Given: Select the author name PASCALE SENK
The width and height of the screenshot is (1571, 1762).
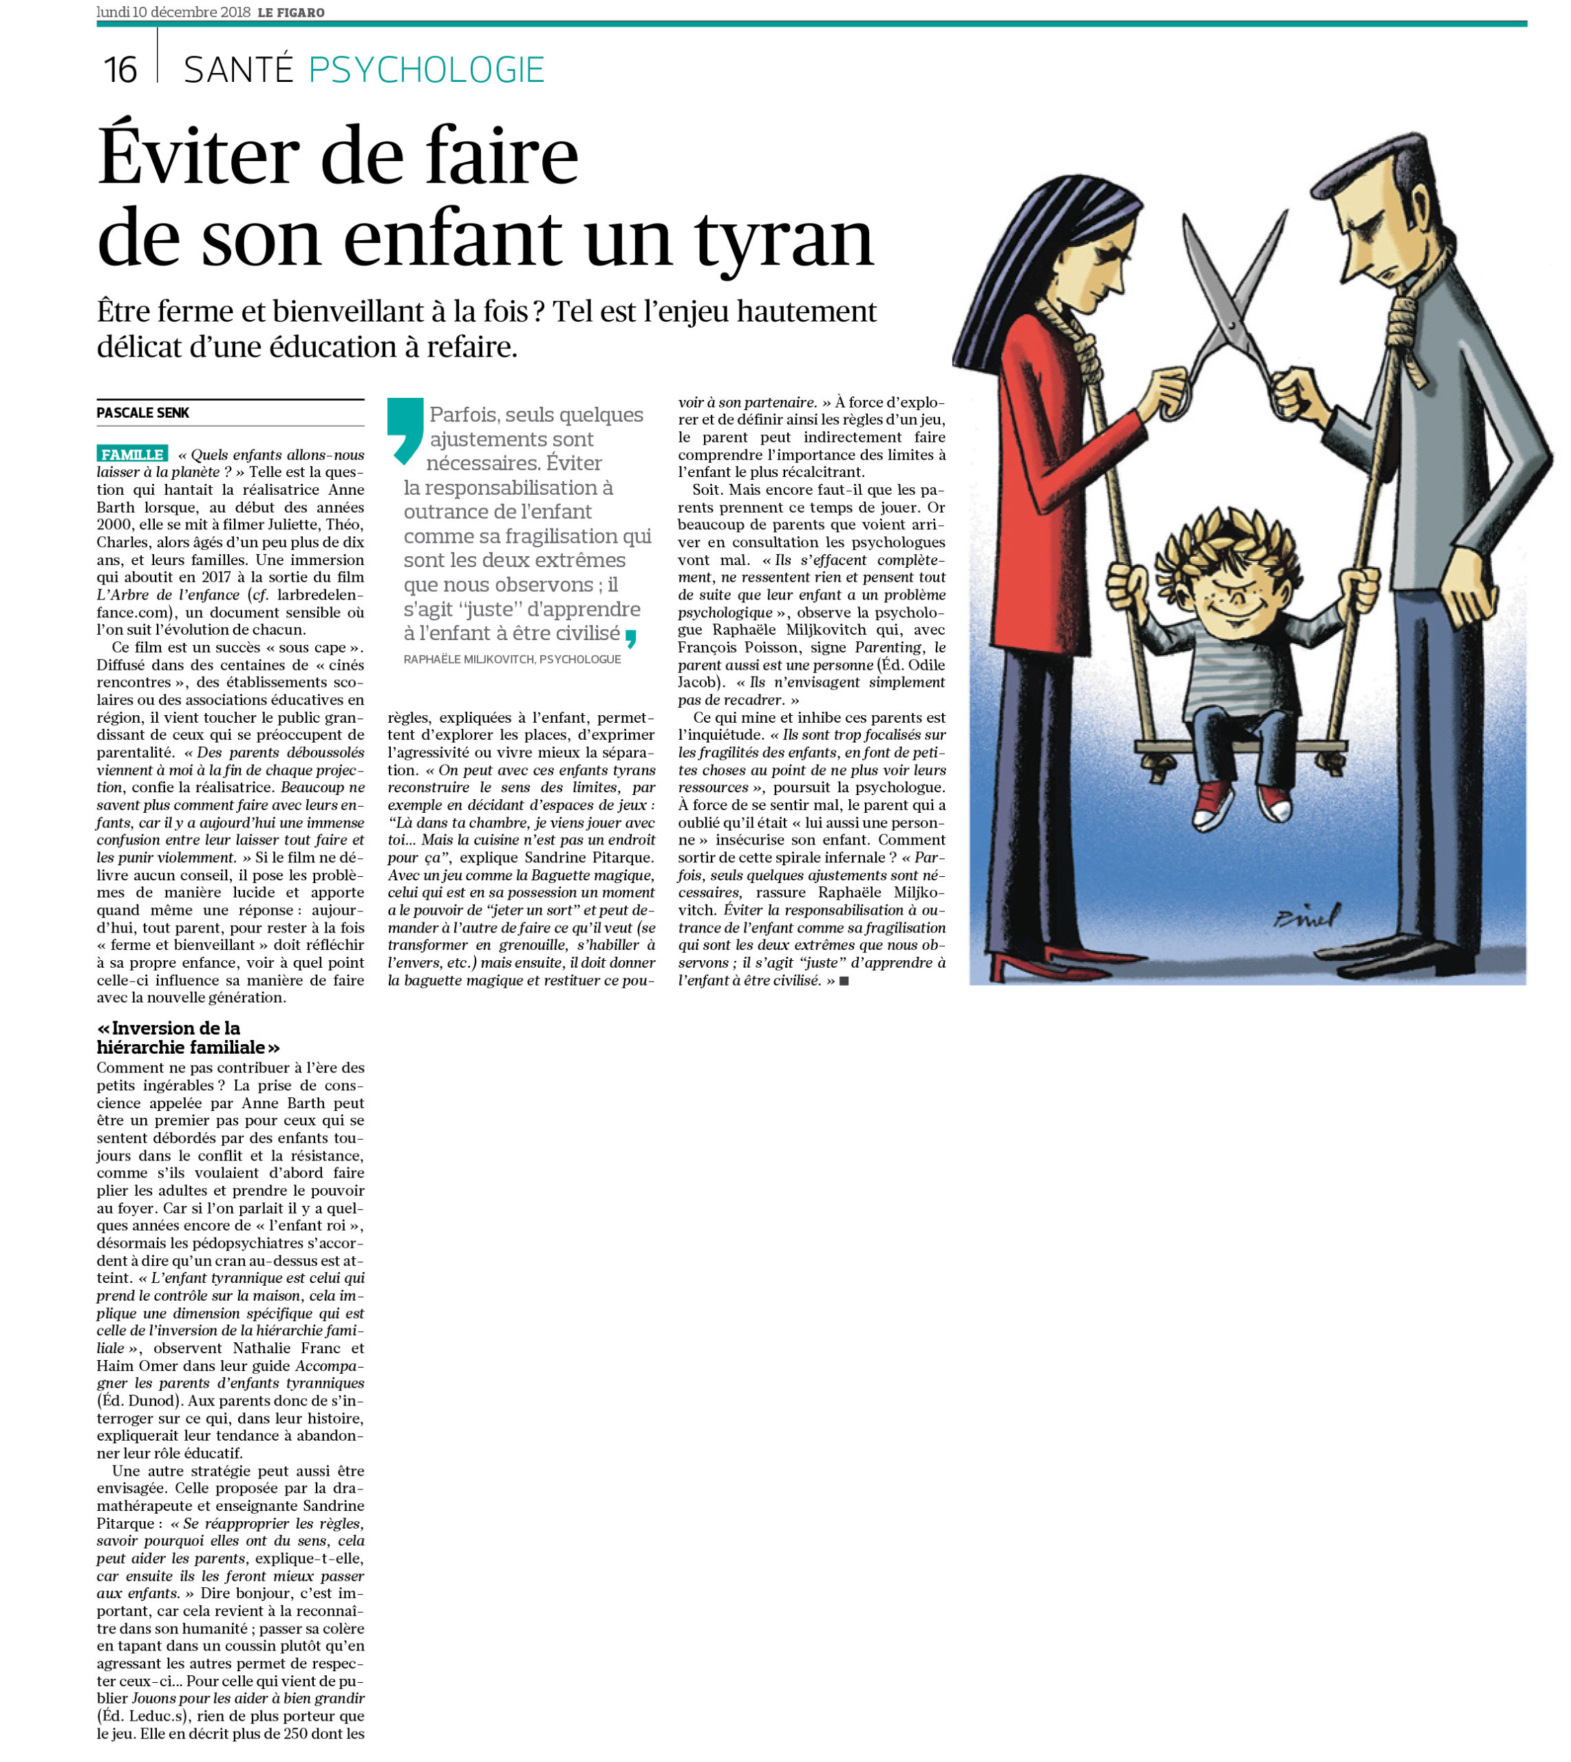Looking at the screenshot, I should point(142,413).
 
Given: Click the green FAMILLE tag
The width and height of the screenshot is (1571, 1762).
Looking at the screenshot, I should point(132,454).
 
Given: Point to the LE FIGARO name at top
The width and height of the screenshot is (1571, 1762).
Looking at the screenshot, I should point(291,12).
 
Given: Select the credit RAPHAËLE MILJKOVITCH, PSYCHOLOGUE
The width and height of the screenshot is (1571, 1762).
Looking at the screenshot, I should point(512,659).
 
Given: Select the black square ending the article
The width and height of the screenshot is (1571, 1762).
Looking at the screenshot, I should point(844,981).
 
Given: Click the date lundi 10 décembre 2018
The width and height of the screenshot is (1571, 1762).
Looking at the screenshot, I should point(173,12).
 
